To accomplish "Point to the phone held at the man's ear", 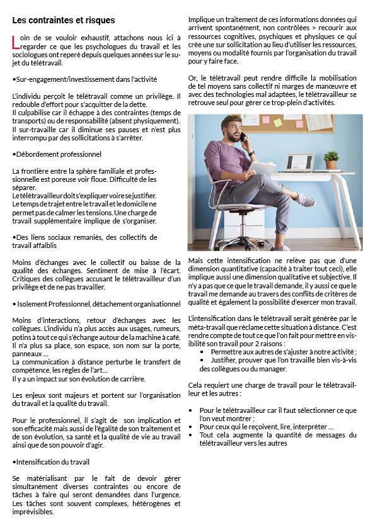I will pyautogui.click(x=243, y=137).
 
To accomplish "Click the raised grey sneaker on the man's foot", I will pyautogui.click(x=305, y=200).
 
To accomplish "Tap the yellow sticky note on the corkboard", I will pyautogui.click(x=277, y=121).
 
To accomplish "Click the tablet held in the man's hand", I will pyautogui.click(x=263, y=168).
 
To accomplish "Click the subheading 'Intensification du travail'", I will pyautogui.click(x=52, y=462).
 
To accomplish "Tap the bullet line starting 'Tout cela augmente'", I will pyautogui.click(x=277, y=434).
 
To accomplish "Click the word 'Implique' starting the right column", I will pyautogui.click(x=202, y=20).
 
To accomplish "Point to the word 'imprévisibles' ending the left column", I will pyautogui.click(x=33, y=512).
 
